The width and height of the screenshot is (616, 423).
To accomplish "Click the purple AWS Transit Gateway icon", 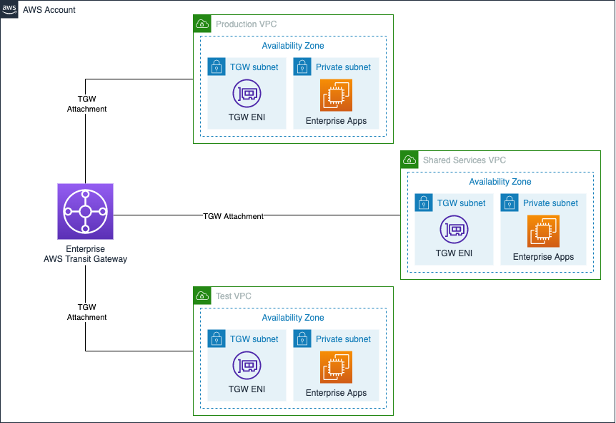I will pos(85,211).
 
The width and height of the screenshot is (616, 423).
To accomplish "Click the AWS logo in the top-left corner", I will pos(9,9).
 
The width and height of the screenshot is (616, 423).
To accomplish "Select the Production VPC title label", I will pos(246,24).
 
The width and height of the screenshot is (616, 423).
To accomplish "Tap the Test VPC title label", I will pos(233,296).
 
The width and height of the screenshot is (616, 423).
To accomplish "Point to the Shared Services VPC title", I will pos(464,160).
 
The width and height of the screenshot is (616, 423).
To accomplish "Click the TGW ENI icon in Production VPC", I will pos(247,94).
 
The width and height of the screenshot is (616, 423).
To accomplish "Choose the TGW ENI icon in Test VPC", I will pos(247,366).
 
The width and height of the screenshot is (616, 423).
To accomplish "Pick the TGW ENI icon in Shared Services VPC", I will pos(454,230).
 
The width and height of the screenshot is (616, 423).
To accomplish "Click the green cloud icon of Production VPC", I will pos(202,24).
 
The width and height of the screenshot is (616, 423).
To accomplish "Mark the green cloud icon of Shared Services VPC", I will pos(409,160).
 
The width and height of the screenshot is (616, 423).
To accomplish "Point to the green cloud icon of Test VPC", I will pos(202,296).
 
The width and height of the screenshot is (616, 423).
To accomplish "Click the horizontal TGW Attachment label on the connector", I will pos(233,215).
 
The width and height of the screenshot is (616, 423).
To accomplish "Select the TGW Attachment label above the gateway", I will pos(86,104).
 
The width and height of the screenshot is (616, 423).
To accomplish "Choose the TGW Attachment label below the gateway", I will pos(86,312).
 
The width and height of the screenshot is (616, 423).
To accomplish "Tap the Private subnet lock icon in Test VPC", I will pos(302,339).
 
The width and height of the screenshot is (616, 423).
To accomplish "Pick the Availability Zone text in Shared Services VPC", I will pos(500,182).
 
